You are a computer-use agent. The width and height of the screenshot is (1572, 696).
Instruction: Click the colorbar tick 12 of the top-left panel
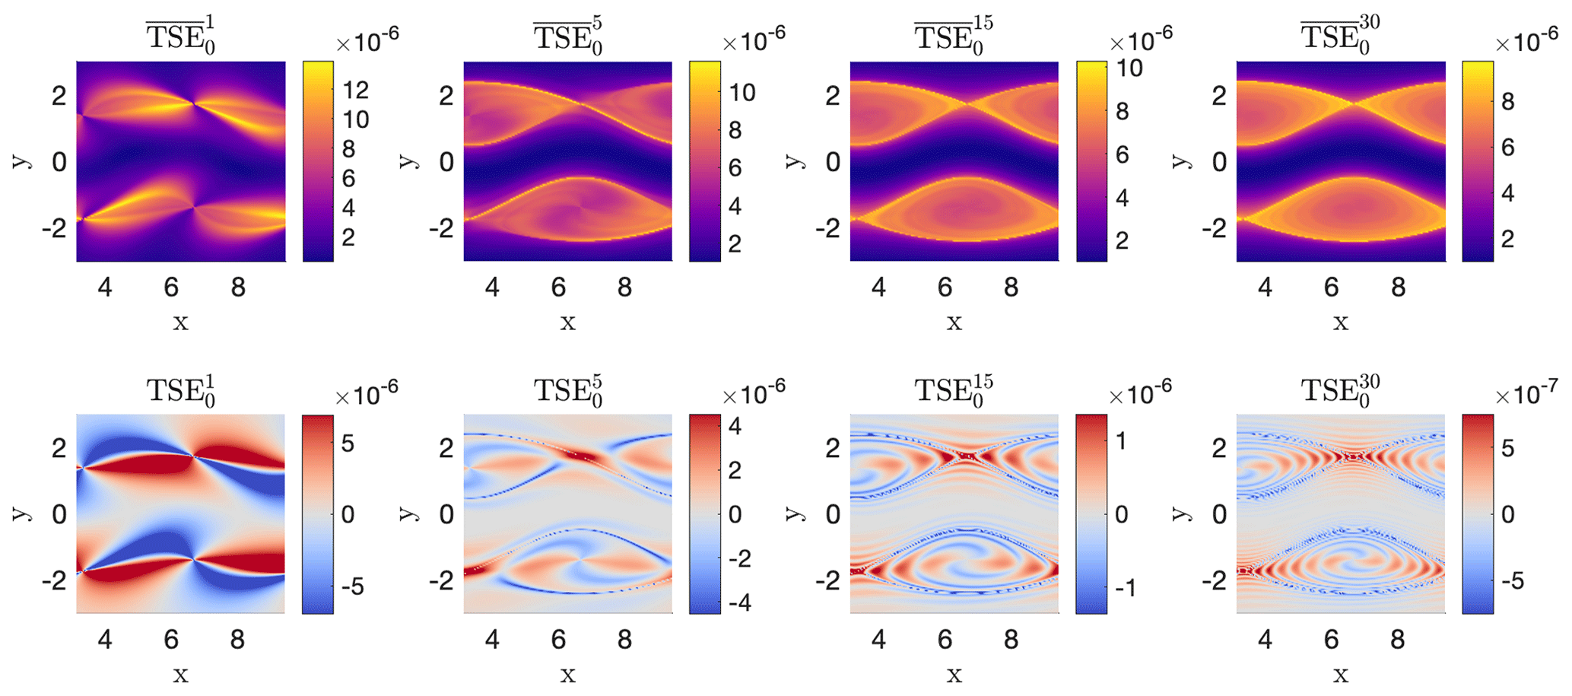(x=356, y=91)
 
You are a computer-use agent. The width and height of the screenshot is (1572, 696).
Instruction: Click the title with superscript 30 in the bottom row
(x=1340, y=390)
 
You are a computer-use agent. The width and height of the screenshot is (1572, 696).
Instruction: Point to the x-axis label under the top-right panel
(x=1340, y=323)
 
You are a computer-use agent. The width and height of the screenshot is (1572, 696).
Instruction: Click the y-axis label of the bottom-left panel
(x=21, y=513)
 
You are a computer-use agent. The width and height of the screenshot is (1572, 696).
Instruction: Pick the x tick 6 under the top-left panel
(x=171, y=288)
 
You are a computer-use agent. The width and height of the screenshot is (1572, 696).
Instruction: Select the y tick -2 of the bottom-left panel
(x=55, y=580)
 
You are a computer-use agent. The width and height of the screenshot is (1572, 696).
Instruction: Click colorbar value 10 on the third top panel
(x=1129, y=68)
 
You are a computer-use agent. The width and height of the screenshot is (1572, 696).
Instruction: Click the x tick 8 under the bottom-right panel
(x=1397, y=640)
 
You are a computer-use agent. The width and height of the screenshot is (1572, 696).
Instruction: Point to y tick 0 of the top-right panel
(x=1219, y=161)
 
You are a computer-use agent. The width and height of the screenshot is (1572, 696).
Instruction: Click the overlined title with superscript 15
(x=954, y=37)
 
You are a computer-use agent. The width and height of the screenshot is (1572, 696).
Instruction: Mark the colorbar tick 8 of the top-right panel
(x=1507, y=101)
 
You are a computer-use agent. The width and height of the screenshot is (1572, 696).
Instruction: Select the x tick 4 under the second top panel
(x=492, y=288)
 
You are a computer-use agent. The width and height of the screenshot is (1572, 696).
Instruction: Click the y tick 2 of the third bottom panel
(x=833, y=448)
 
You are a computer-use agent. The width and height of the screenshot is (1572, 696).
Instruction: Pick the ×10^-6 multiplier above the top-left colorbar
(x=367, y=41)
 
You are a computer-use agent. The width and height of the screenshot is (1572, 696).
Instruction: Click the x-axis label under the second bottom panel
(x=567, y=675)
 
